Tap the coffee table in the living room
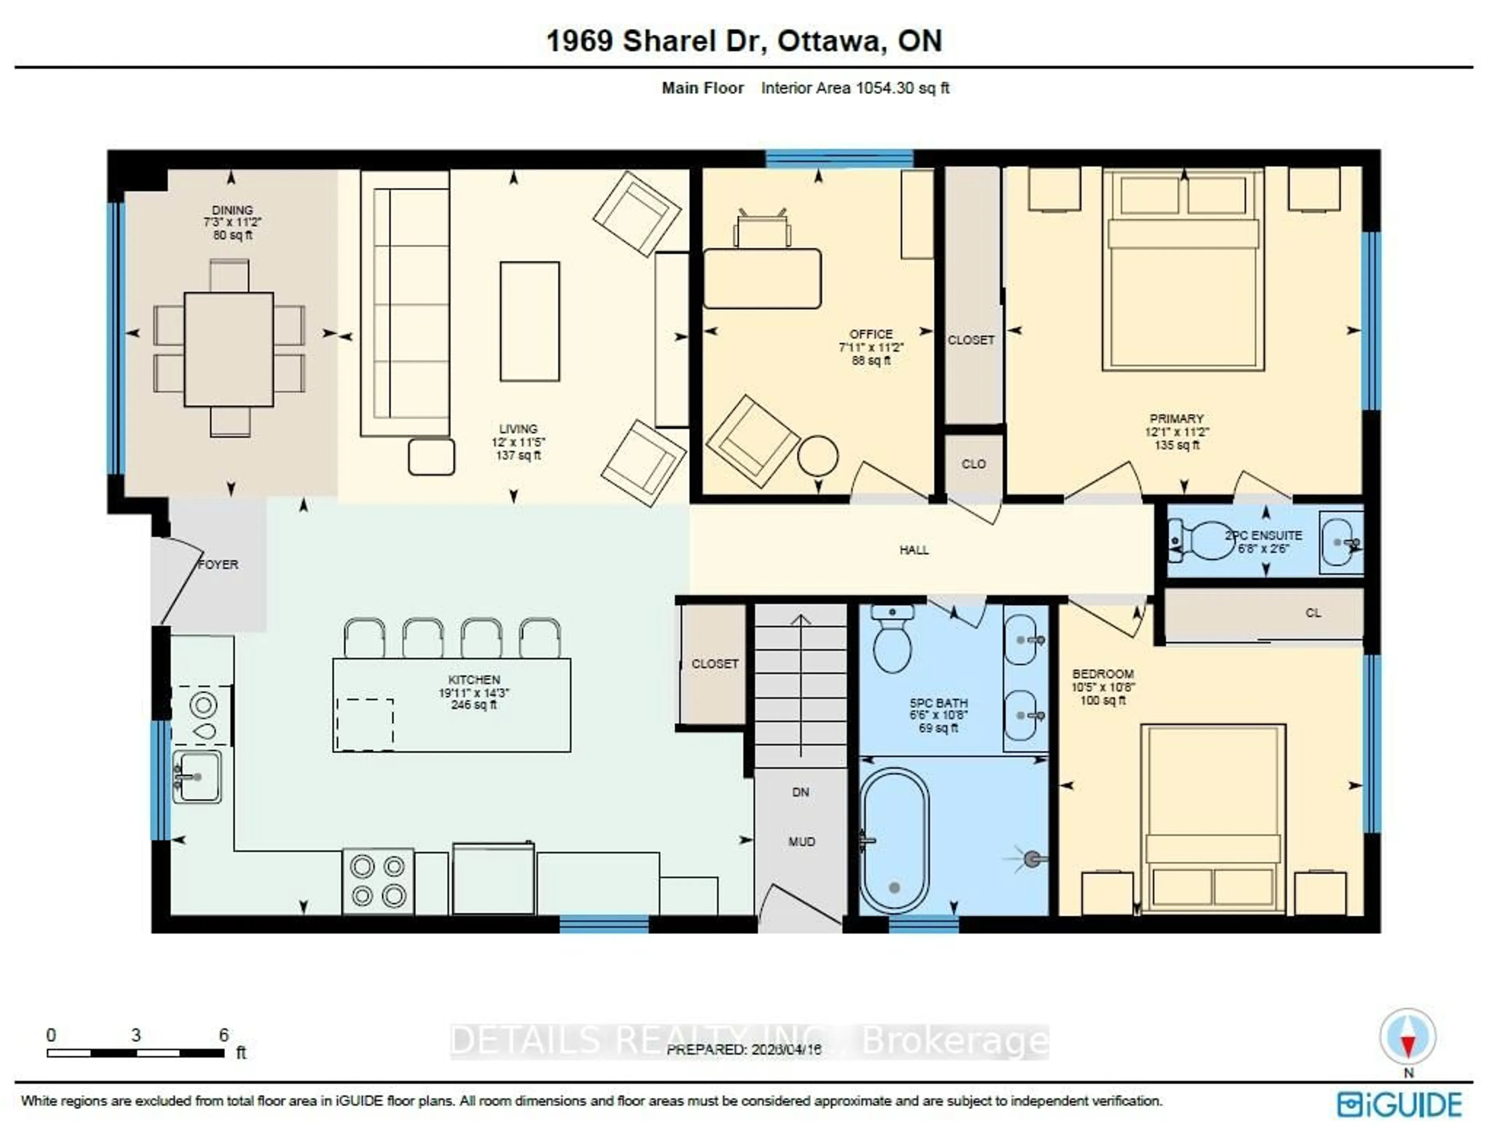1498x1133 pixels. [x=530, y=321]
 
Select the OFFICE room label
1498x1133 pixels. [x=871, y=334]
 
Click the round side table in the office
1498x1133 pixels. [x=817, y=455]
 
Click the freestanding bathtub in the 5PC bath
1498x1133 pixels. [x=894, y=840]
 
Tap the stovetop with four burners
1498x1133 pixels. [x=378, y=881]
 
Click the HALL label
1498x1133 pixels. [x=914, y=550]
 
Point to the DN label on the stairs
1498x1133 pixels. [x=800, y=791]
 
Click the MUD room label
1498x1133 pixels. [x=801, y=842]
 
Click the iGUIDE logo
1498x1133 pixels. [x=1399, y=1104]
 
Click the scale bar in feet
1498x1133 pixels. [x=135, y=1052]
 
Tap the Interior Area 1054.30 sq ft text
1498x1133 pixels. [x=855, y=88]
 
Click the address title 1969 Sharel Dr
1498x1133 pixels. [x=744, y=41]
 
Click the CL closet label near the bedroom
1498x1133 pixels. [x=1313, y=613]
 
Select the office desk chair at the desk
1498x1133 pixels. [x=762, y=230]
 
